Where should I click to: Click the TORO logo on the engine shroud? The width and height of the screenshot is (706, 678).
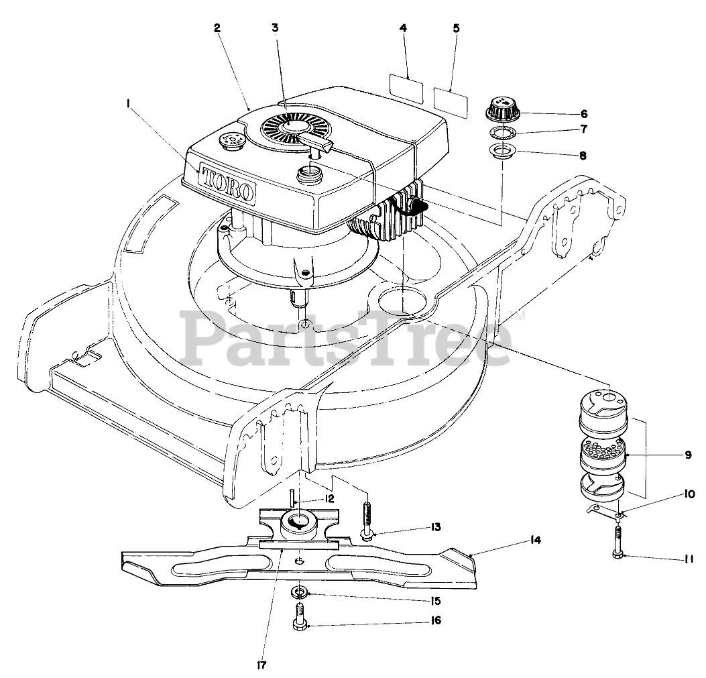[228, 183]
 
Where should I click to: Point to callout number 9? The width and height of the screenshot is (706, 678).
[687, 454]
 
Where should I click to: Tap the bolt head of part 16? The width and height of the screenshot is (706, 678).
[300, 624]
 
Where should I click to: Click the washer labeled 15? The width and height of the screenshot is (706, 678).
[300, 592]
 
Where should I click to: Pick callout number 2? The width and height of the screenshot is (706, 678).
[217, 27]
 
